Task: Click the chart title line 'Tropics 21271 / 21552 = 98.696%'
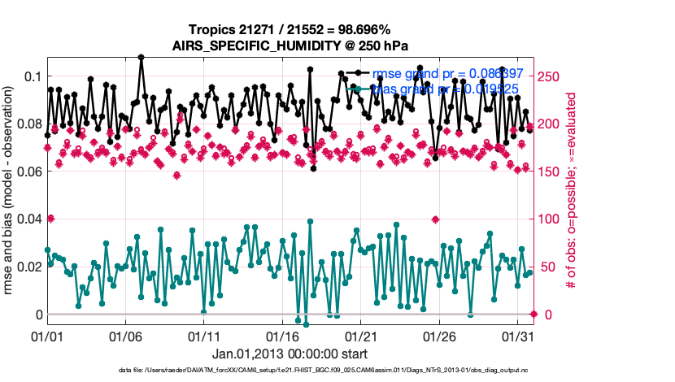(x=290, y=29)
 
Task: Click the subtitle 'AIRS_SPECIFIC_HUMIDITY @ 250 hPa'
(x=290, y=45)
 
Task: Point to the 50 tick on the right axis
(x=548, y=267)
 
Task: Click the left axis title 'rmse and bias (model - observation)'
(x=10, y=191)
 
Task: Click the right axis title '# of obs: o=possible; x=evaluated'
(x=573, y=191)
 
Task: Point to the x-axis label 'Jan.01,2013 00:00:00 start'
(x=290, y=354)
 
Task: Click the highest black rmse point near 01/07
(x=142, y=58)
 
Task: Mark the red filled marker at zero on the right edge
(x=533, y=314)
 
